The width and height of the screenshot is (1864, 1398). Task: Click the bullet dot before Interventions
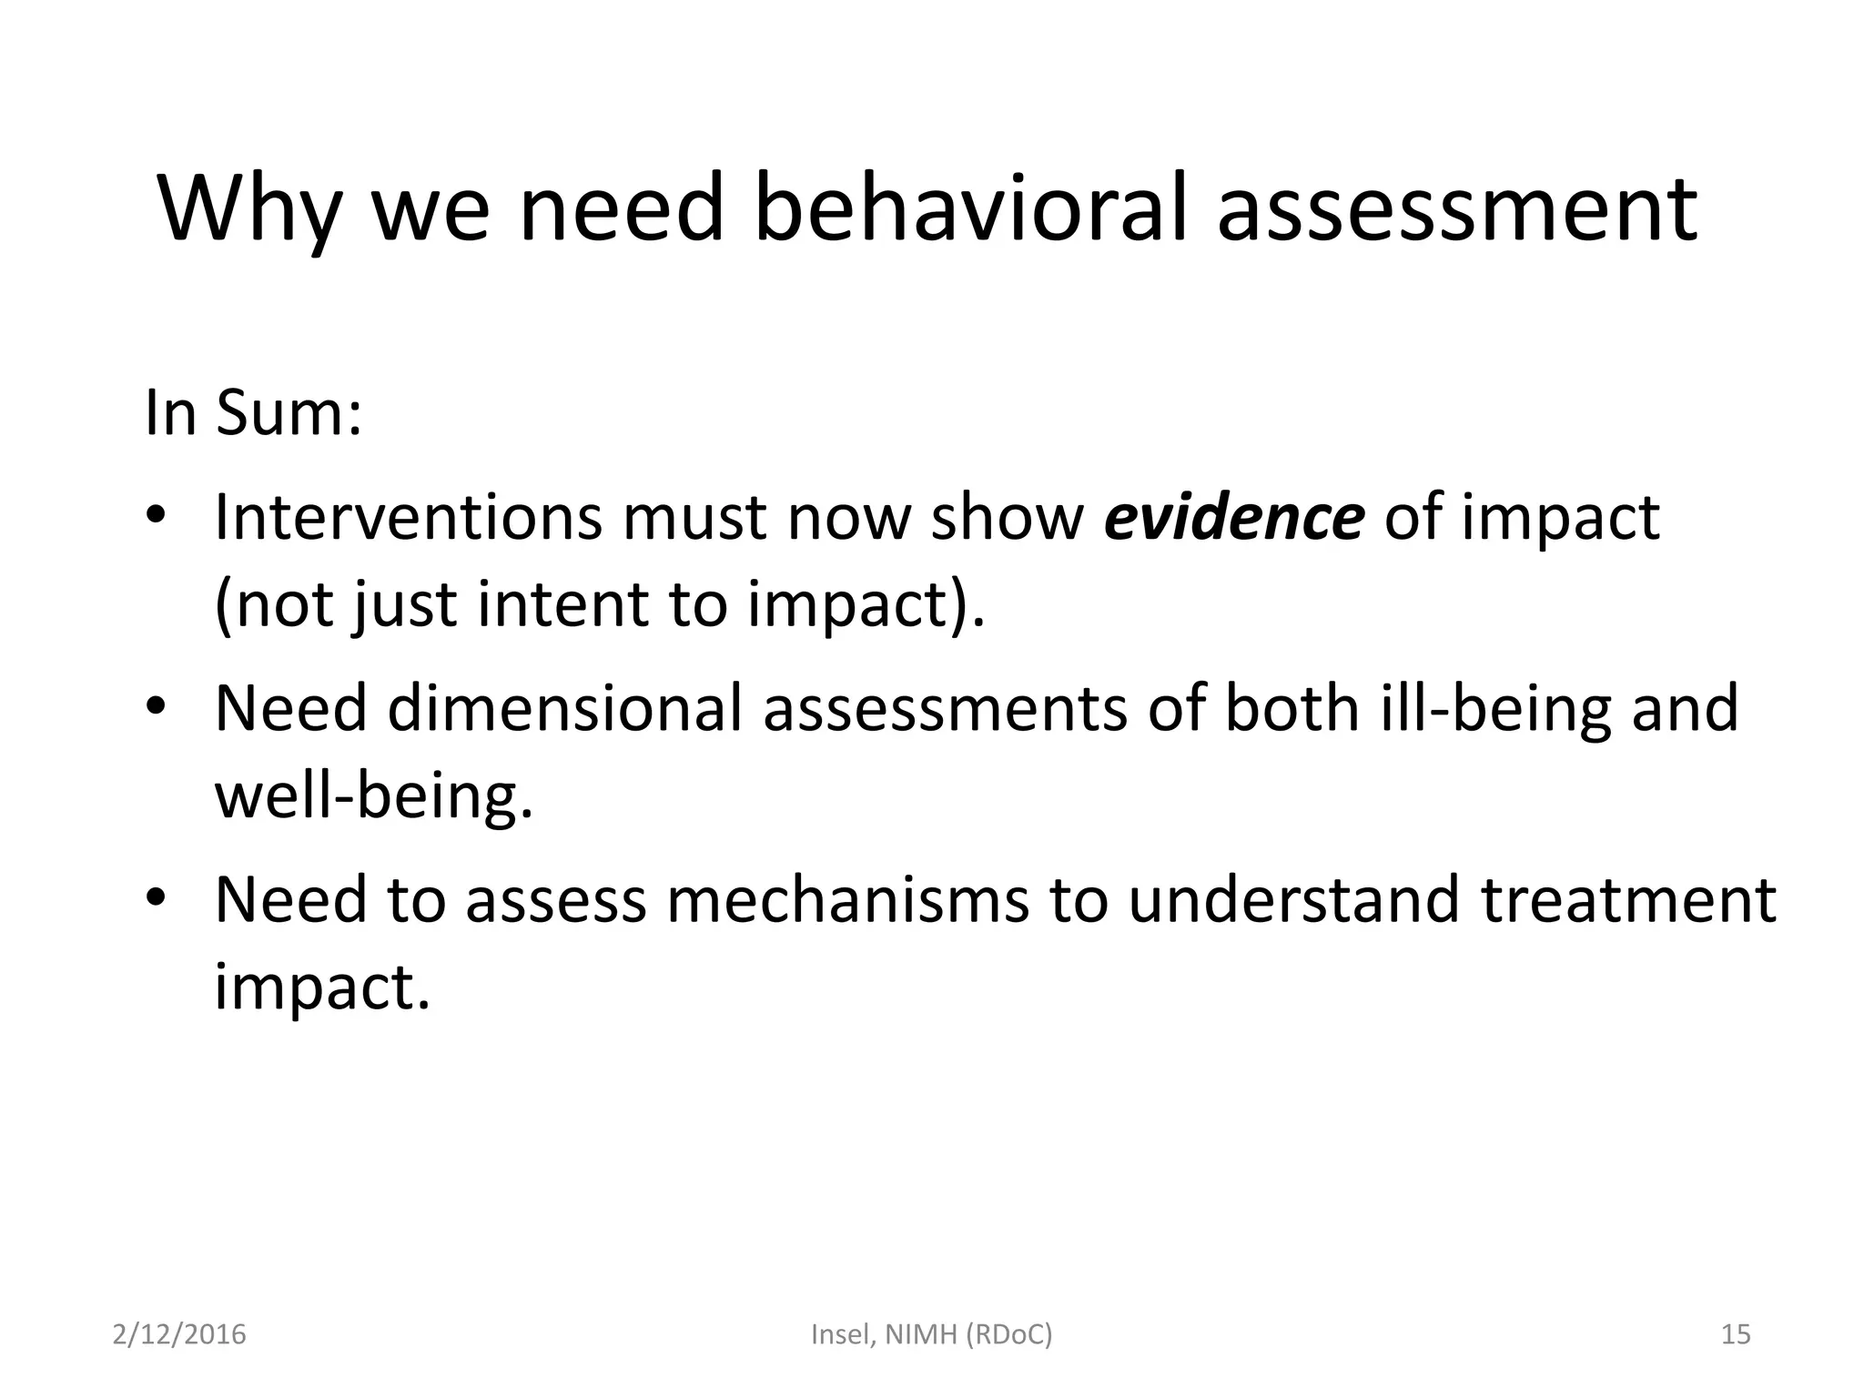156,516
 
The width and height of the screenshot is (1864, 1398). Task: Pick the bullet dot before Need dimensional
156,707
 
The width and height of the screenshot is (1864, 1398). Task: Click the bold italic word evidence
1234,517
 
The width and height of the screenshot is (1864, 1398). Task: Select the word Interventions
408,517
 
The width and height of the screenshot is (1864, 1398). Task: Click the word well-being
373,795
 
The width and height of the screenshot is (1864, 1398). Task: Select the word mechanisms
848,899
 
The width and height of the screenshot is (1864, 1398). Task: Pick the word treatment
1627,899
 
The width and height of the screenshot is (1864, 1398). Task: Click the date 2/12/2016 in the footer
179,1334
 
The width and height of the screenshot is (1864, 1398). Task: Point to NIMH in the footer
921,1334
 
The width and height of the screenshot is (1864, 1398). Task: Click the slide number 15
1736,1334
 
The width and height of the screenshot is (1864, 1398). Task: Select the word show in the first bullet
1007,517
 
